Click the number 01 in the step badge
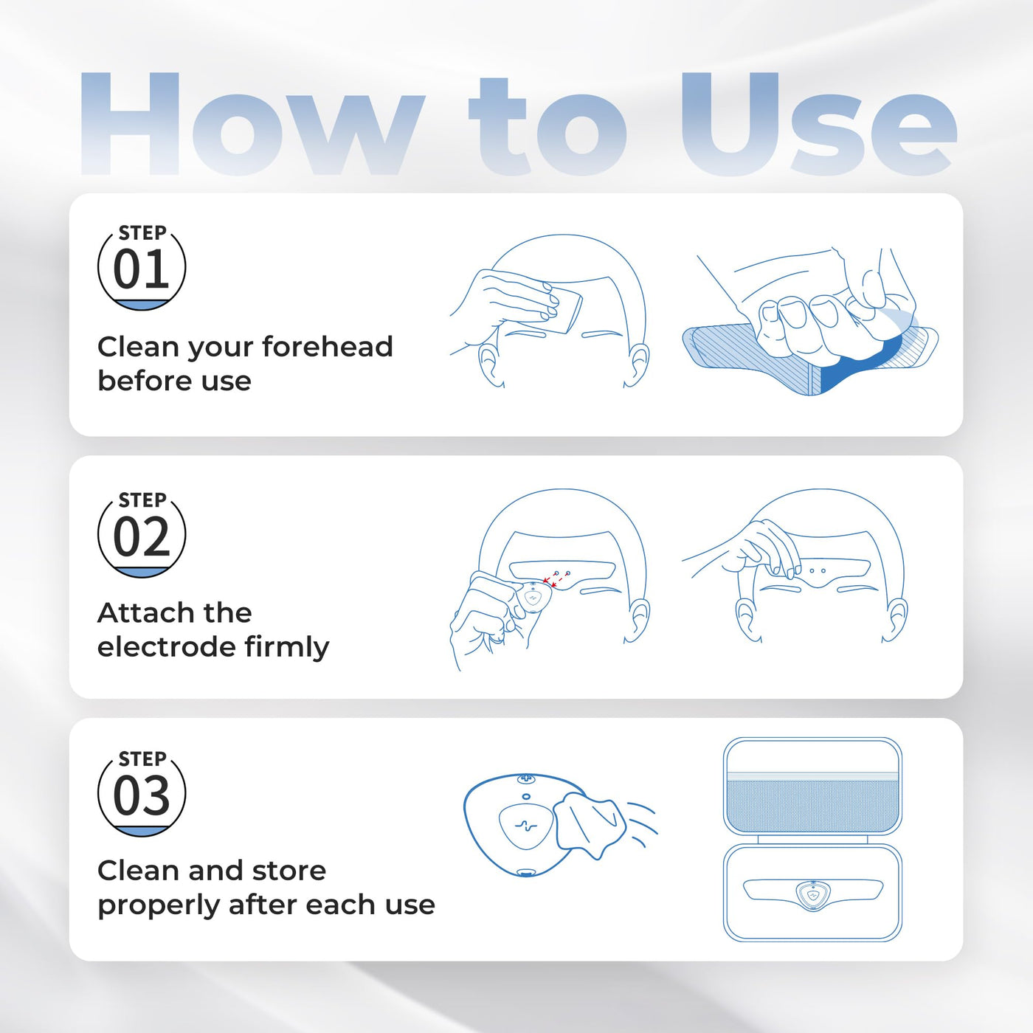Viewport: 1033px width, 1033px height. click(x=142, y=269)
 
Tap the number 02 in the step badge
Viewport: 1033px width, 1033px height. click(x=142, y=536)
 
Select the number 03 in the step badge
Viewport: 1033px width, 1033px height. click(x=142, y=795)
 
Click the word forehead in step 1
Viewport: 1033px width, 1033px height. click(x=327, y=346)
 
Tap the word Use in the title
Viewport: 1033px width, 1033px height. click(x=818, y=125)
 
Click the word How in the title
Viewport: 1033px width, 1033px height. click(x=252, y=125)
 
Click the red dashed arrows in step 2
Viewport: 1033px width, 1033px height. click(x=556, y=578)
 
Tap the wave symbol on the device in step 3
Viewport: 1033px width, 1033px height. click(x=526, y=826)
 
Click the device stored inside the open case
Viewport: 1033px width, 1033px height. click(x=812, y=895)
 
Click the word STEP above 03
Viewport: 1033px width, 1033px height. click(x=142, y=759)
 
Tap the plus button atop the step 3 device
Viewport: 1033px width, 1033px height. click(x=526, y=778)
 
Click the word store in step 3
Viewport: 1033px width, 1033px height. click(x=289, y=871)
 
